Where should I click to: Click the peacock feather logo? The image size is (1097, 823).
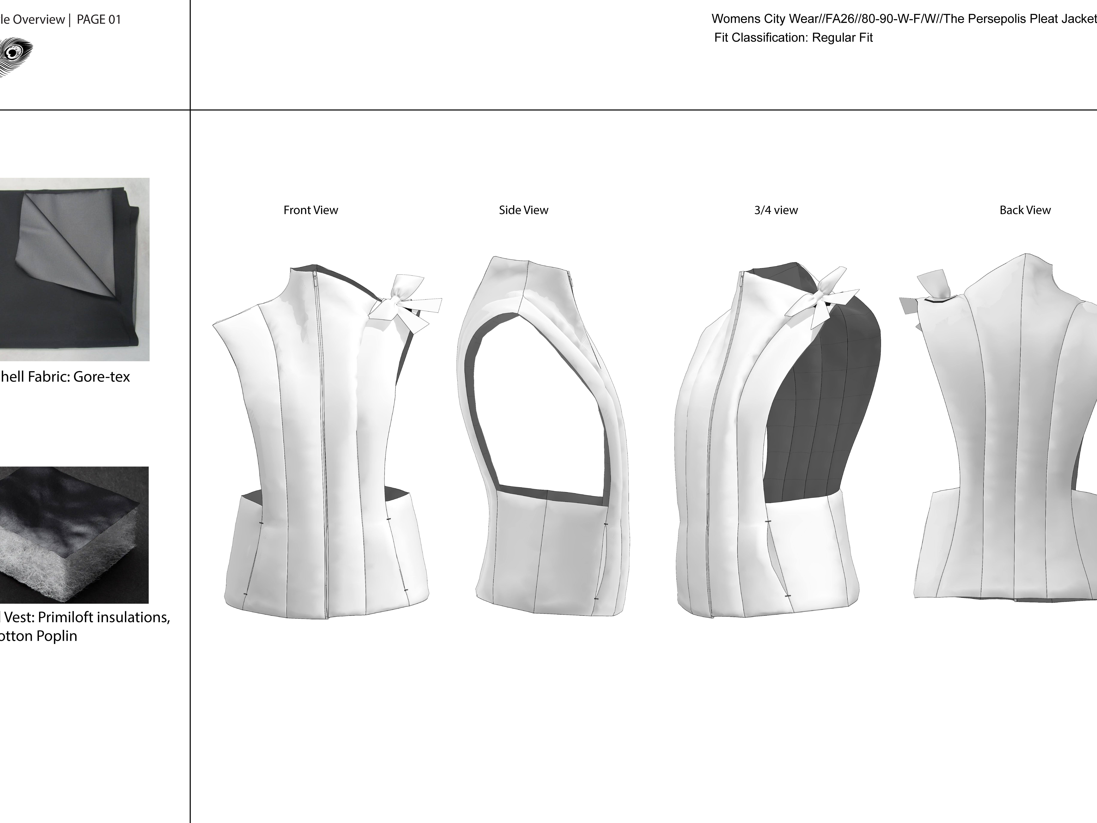pos(15,55)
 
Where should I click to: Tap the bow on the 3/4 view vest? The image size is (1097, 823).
pos(821,298)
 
